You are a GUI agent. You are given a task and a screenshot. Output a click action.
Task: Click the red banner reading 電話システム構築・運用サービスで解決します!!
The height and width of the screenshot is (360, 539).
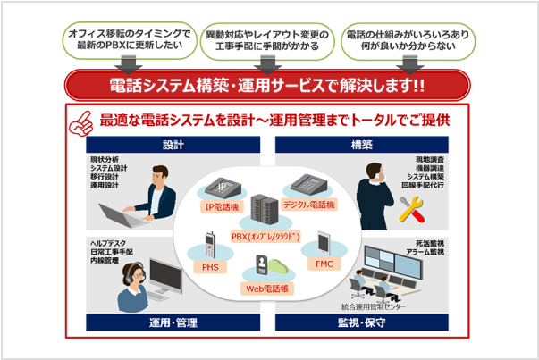(268, 87)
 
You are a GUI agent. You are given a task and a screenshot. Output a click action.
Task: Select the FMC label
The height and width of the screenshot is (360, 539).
(324, 264)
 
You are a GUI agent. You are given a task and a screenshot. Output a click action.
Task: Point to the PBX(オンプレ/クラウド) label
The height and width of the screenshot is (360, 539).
(268, 237)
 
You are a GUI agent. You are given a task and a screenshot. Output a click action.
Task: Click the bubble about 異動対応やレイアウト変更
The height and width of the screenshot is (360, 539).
(267, 38)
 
